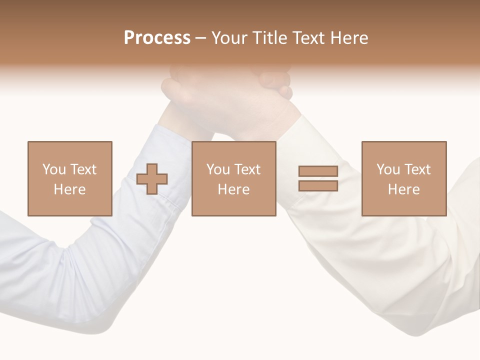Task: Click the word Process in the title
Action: [157, 38]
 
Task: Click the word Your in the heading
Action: [230, 38]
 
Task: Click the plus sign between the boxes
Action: [152, 179]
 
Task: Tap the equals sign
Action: [318, 178]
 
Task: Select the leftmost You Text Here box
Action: [69, 178]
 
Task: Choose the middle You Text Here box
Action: [233, 178]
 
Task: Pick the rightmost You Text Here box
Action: [403, 178]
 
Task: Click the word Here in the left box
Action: [69, 189]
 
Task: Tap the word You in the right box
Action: [388, 169]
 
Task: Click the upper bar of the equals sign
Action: [318, 171]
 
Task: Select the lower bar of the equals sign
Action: [318, 185]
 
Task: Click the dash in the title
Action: [200, 38]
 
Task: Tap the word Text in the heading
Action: [308, 38]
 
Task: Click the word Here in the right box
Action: [403, 189]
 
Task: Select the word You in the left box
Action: [54, 169]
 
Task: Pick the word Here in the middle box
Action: [233, 189]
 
